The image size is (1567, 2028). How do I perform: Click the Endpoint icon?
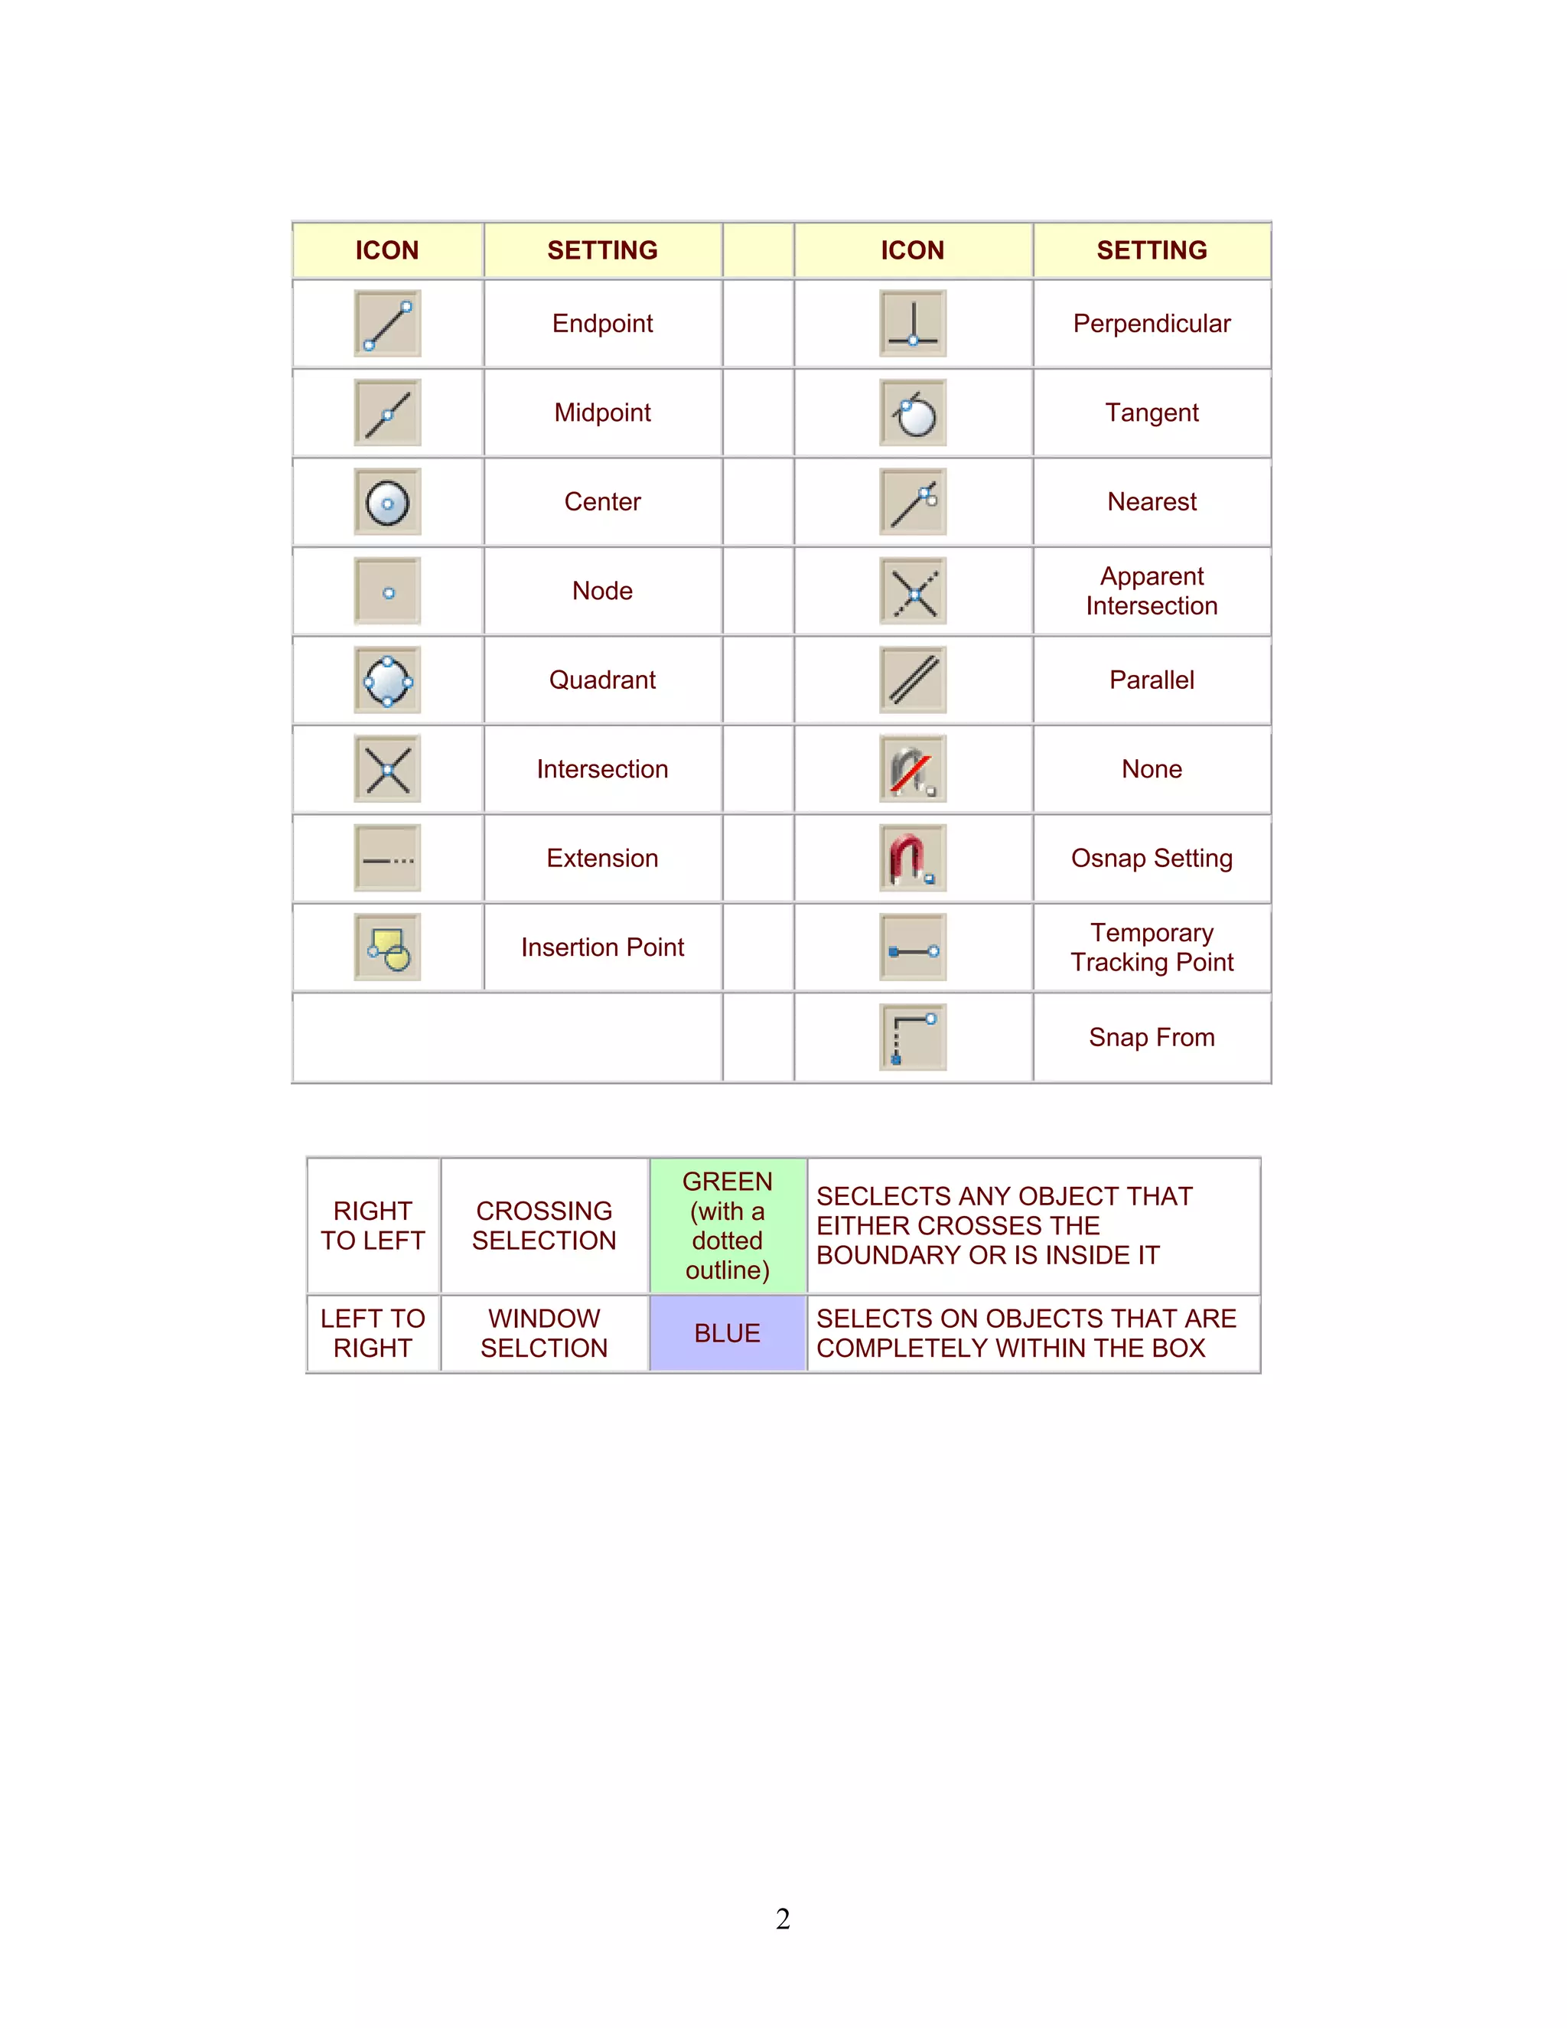pyautogui.click(x=387, y=323)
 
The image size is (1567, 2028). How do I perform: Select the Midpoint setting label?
pyautogui.click(x=602, y=412)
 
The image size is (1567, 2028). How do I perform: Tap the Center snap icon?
pyautogui.click(x=387, y=502)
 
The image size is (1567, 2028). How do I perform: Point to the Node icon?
pyautogui.click(x=387, y=592)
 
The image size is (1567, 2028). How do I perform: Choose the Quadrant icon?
pyautogui.click(x=387, y=680)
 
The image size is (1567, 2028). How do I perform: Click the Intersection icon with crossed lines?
pyautogui.click(x=387, y=770)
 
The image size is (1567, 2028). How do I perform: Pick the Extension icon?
pyautogui.click(x=387, y=859)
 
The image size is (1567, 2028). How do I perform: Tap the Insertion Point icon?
pyautogui.click(x=387, y=948)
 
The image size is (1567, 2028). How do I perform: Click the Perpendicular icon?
pyautogui.click(x=913, y=323)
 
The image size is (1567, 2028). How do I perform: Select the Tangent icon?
pyautogui.click(x=913, y=413)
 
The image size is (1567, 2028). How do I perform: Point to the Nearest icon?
pyautogui.click(x=913, y=502)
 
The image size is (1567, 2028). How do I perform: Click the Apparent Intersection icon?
pyautogui.click(x=913, y=592)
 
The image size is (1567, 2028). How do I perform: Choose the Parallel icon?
pyautogui.click(x=913, y=680)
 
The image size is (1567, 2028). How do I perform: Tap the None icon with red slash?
pyautogui.click(x=913, y=770)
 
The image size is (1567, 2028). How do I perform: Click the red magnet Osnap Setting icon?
pyautogui.click(x=913, y=859)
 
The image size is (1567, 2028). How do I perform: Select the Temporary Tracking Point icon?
pyautogui.click(x=913, y=948)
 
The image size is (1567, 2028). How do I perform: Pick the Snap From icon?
pyautogui.click(x=913, y=1037)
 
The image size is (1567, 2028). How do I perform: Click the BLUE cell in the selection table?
pyautogui.click(x=728, y=1333)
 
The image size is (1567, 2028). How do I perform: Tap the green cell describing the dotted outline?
pyautogui.click(x=728, y=1226)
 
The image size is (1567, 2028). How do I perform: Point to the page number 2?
pyautogui.click(x=783, y=1919)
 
